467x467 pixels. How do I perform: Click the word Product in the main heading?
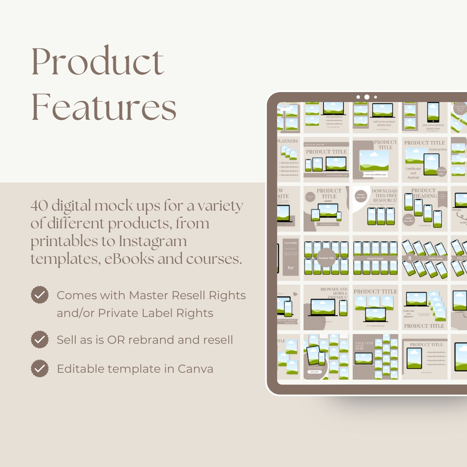tap(98, 62)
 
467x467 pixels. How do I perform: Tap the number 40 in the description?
tap(39, 206)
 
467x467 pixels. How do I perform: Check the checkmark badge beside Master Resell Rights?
tap(39, 295)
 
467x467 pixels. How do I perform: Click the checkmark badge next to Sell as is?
tap(39, 339)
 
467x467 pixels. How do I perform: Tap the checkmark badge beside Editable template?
tap(39, 369)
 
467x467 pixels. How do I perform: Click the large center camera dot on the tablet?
tap(367, 97)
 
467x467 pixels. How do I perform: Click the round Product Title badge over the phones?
tap(326, 258)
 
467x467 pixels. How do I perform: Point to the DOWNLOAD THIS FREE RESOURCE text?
tap(384, 195)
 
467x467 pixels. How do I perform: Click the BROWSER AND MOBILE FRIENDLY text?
tap(334, 293)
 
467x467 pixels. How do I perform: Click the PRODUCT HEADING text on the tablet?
tap(425, 193)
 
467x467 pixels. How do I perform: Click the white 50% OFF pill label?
tap(314, 371)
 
